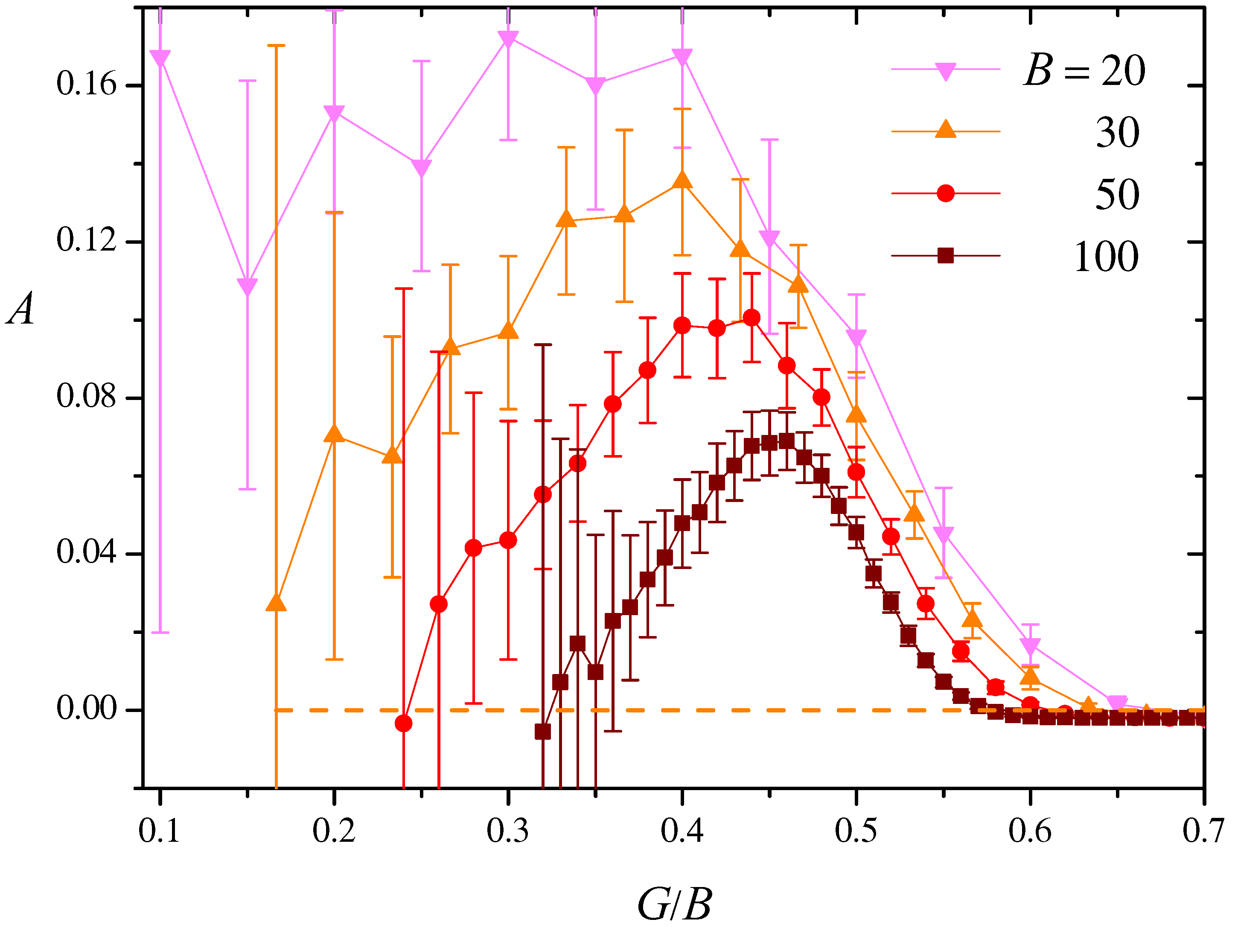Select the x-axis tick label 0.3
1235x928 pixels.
pos(507,830)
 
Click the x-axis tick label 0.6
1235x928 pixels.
pos(1030,830)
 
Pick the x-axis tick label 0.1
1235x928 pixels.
pos(159,830)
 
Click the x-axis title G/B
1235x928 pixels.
pos(674,904)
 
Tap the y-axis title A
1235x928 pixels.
pos(21,309)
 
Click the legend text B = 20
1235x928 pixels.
pos(1084,71)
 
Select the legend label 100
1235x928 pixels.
pos(1105,257)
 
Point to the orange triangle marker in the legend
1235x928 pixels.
pos(945,130)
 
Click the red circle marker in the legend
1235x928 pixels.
pos(945,193)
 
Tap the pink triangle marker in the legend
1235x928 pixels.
pos(945,71)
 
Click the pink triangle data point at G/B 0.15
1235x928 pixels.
pos(248,286)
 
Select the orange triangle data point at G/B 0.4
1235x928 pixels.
pos(682,181)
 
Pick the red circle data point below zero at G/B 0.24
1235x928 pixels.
pos(404,724)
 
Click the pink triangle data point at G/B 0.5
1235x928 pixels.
pos(856,337)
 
